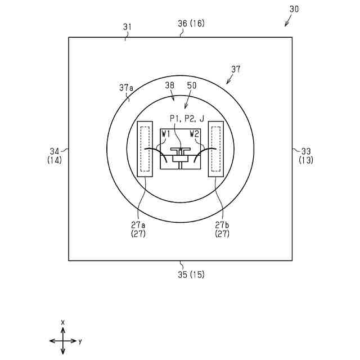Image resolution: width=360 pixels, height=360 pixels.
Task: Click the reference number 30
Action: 294,9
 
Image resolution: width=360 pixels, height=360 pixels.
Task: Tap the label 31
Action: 128,27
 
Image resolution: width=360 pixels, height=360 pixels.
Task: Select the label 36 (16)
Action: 191,24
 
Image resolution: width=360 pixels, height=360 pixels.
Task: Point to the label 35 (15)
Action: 191,274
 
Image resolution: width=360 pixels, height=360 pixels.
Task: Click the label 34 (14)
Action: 55,156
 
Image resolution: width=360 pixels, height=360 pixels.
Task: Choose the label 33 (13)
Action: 306,156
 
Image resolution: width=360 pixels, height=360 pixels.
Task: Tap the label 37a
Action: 126,88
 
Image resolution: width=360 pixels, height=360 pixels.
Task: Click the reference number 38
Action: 170,85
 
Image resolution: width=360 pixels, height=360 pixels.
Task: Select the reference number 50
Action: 192,85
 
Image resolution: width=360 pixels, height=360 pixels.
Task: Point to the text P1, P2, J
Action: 187,119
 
